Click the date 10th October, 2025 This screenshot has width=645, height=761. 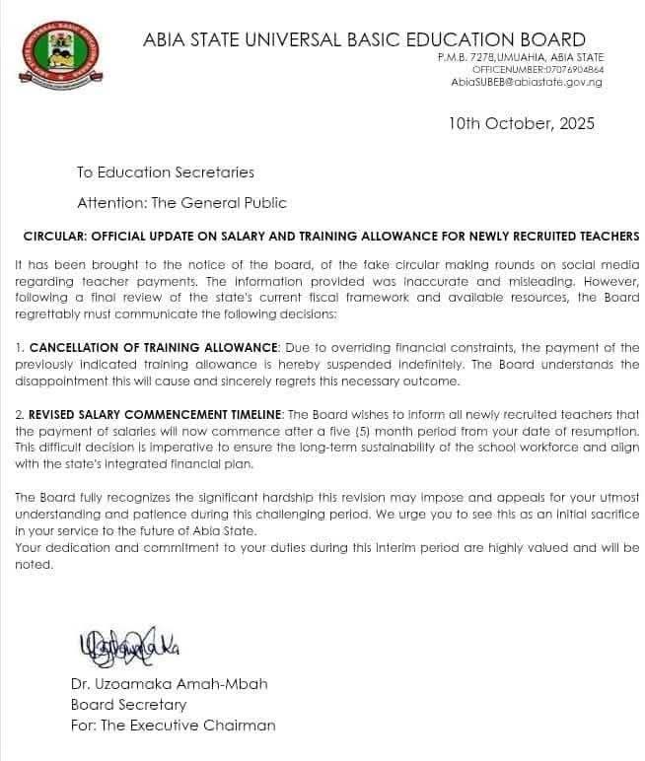point(521,124)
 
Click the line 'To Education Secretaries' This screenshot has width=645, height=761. point(166,172)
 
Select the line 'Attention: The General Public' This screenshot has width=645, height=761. point(181,203)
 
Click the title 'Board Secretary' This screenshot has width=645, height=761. point(128,705)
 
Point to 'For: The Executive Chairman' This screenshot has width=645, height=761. point(173,726)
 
